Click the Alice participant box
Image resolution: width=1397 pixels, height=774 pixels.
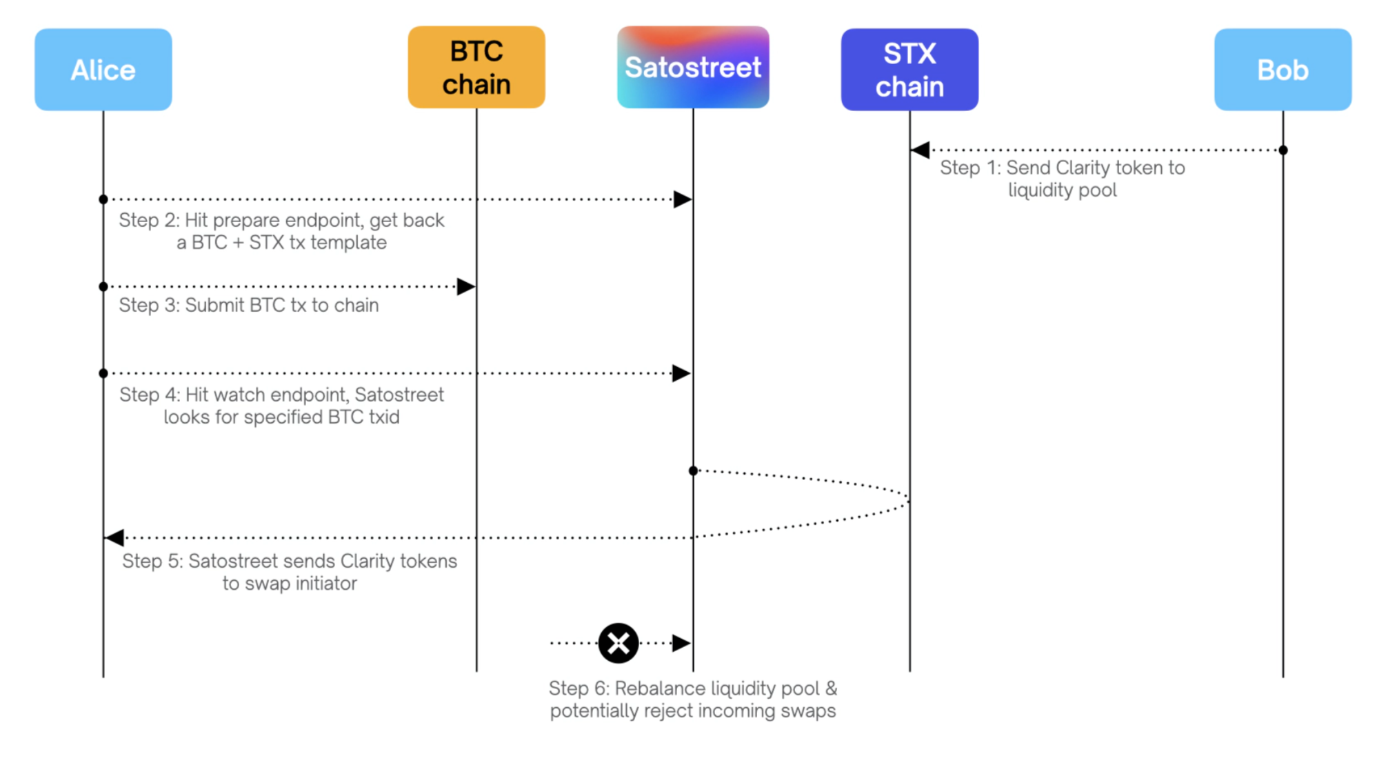[103, 70]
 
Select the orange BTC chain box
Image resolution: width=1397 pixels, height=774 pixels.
[476, 67]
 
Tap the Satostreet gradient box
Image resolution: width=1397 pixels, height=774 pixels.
[693, 67]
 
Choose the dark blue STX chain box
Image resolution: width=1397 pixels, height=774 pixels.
[909, 70]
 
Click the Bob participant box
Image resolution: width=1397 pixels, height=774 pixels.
[1283, 70]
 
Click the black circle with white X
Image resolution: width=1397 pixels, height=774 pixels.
[619, 643]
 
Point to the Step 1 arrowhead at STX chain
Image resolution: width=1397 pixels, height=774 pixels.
[920, 150]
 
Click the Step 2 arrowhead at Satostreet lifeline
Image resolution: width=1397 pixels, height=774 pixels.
[683, 199]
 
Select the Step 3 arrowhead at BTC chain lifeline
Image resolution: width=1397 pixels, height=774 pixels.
[466, 286]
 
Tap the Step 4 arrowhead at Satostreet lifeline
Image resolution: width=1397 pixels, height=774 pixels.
[683, 373]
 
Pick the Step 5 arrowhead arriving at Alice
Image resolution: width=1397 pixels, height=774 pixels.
[114, 537]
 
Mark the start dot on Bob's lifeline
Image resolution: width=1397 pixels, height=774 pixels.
[1283, 150]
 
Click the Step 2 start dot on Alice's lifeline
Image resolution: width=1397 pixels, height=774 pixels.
[103, 199]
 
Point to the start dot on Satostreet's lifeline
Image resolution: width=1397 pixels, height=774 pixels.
[693, 470]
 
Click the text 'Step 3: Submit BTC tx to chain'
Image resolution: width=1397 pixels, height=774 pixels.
[249, 306]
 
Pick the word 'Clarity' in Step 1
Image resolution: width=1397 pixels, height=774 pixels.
[1083, 168]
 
